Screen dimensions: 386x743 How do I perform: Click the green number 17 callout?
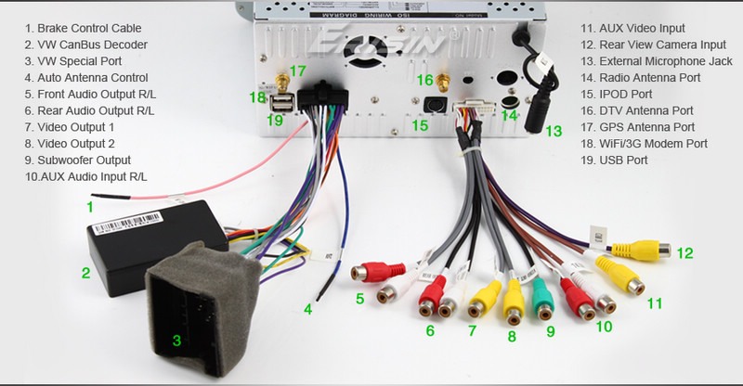tap(297, 71)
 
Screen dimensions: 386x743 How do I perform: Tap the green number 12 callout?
tap(685, 252)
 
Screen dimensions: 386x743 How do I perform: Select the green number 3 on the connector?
tap(176, 341)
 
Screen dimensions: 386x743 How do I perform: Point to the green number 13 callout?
tap(554, 132)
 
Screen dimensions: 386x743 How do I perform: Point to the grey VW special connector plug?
tap(198, 297)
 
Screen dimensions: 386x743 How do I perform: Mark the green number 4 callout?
tap(308, 310)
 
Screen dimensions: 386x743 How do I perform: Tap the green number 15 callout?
tap(420, 125)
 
